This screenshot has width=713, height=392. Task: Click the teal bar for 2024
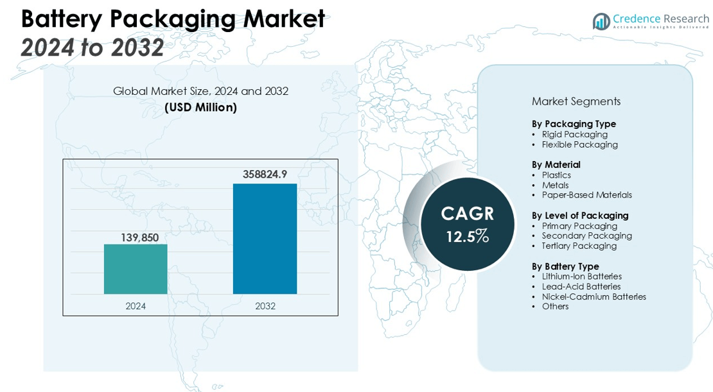coord(136,269)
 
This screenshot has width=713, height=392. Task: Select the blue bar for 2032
coord(265,239)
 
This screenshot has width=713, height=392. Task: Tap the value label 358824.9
coord(265,174)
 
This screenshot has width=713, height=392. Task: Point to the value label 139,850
coord(139,237)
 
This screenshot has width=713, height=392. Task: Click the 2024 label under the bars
coord(136,306)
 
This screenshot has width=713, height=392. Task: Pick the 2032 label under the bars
coord(265,306)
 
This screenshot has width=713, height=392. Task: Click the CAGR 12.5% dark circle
coord(468,224)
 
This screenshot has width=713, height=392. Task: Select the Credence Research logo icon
coord(601,21)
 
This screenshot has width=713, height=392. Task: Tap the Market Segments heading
coord(576,101)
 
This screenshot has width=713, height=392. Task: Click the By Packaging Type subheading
coord(574,124)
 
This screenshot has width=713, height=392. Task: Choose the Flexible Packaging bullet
coord(579,144)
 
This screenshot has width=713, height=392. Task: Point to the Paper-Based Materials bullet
coord(586,195)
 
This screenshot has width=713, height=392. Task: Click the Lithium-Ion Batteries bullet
coord(581,277)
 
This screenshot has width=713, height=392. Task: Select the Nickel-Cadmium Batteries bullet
coord(594,296)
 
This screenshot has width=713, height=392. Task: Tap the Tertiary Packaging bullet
coord(579,246)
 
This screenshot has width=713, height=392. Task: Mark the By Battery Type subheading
coord(565,266)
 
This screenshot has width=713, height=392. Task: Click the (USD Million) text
coord(200,107)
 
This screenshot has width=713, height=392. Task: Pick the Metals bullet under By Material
coord(555,185)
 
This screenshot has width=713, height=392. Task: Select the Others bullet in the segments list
coord(555,306)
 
